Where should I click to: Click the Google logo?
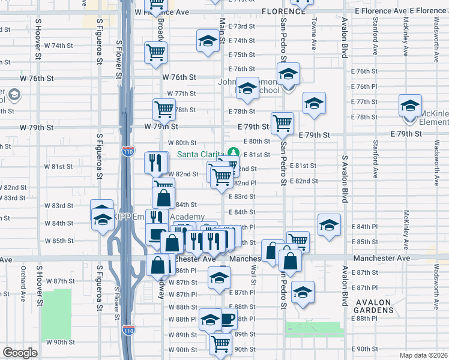point(20,353)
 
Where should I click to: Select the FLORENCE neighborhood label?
point(283,11)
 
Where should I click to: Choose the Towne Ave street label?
point(313,33)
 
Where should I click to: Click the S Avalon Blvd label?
point(345,174)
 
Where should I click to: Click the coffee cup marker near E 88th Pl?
point(227,319)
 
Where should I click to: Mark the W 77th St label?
point(181,94)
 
